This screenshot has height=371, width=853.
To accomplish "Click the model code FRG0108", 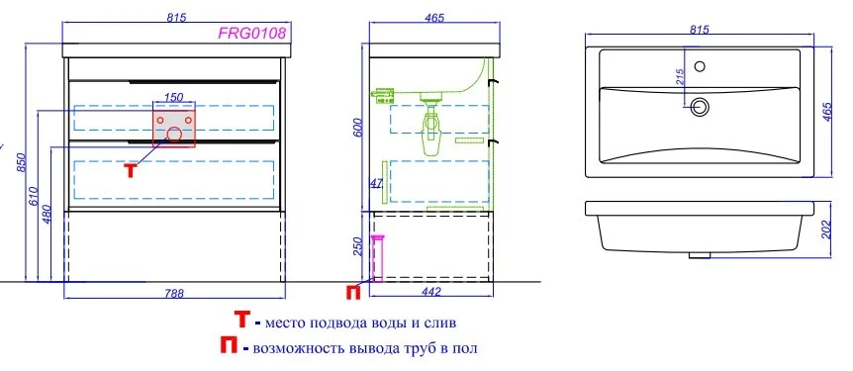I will click(252, 34).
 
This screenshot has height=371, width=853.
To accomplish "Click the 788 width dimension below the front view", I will click(174, 293).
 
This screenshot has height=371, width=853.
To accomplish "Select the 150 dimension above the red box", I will click(173, 96).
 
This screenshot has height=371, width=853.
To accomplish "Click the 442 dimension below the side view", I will click(430, 293).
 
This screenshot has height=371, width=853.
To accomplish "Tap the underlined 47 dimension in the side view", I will click(375, 183).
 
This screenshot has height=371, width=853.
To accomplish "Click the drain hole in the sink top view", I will click(702, 106).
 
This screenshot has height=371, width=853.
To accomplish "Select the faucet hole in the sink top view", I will click(701, 67).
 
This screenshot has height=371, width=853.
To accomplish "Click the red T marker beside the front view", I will click(130, 168).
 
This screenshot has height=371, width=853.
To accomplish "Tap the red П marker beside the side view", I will click(353, 291).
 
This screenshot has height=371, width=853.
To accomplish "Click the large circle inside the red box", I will click(174, 136).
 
